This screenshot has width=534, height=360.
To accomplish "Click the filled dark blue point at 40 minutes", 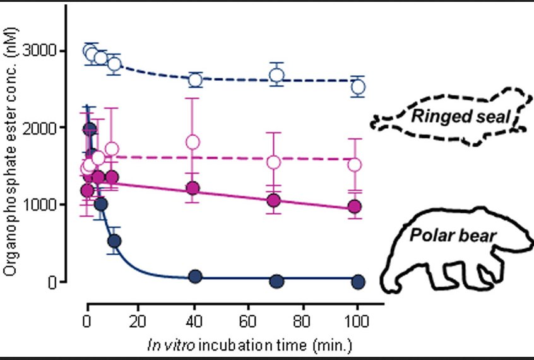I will (195, 277).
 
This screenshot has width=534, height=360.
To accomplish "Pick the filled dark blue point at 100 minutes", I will (358, 281).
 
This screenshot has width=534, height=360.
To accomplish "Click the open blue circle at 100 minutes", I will (358, 87).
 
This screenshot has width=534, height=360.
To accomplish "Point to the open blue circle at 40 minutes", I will (195, 80).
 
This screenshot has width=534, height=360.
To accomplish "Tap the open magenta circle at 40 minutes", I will (193, 141).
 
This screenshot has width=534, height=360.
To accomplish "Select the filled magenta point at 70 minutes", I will (273, 200).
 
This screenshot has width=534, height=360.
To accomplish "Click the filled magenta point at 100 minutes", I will (355, 207).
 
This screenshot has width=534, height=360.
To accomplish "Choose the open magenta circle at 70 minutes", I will (273, 162).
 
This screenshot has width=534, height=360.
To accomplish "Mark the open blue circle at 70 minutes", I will (276, 75).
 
